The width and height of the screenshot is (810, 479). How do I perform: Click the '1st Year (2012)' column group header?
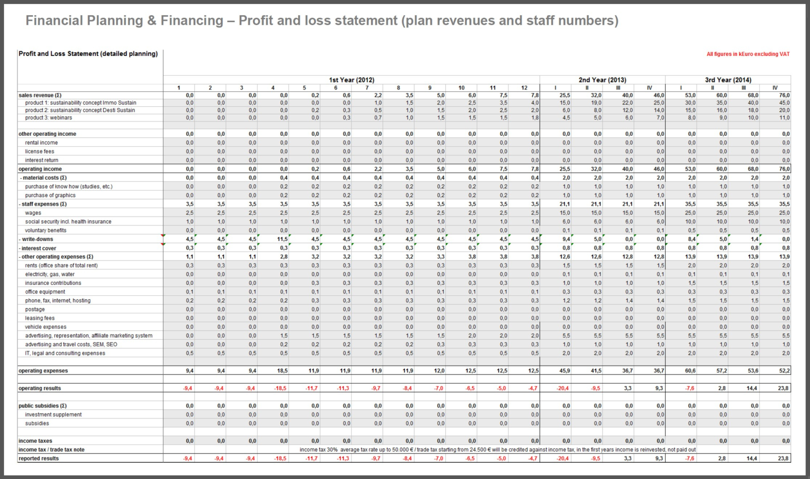tap(351, 80)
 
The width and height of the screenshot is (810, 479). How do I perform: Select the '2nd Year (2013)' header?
tap(602, 80)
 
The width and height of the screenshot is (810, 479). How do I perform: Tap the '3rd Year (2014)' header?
tap(727, 80)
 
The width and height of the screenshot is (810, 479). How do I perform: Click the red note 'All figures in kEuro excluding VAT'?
tap(748, 54)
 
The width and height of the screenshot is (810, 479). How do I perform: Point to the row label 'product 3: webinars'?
tap(48, 118)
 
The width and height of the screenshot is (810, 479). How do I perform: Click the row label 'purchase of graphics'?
tap(50, 195)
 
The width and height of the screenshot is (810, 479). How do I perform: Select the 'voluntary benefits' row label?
tap(45, 230)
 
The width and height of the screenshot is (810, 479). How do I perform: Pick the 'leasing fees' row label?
tap(40, 318)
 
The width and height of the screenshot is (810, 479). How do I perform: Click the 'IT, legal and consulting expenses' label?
tap(65, 353)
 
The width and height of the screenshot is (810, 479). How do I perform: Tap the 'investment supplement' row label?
tap(53, 414)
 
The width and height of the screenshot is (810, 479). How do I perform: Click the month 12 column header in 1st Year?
tap(524, 88)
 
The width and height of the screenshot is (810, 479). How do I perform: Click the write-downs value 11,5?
tap(282, 239)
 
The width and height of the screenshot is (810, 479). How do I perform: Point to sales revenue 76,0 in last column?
tap(784, 95)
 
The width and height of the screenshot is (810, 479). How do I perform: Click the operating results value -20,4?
tap(562, 388)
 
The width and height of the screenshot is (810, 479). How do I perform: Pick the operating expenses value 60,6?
tap(690, 370)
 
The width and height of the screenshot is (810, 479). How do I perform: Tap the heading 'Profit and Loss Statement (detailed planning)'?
tap(88, 54)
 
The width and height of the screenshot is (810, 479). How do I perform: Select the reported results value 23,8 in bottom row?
tap(783, 458)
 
